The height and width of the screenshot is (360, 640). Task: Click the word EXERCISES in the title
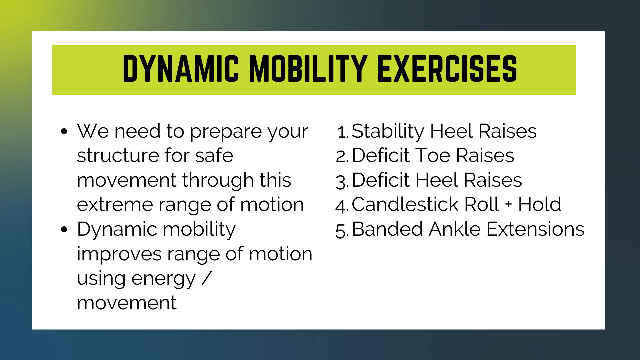click(447, 69)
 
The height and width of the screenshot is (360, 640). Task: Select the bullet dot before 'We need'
click(64, 131)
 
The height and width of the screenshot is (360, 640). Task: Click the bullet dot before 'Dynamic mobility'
click(64, 229)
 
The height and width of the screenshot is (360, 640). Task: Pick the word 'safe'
click(214, 155)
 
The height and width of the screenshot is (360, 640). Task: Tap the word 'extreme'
click(115, 205)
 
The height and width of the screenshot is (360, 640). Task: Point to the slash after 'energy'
click(207, 278)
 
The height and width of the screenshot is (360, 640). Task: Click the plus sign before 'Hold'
click(508, 204)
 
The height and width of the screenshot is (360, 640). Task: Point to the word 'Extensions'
click(535, 229)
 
